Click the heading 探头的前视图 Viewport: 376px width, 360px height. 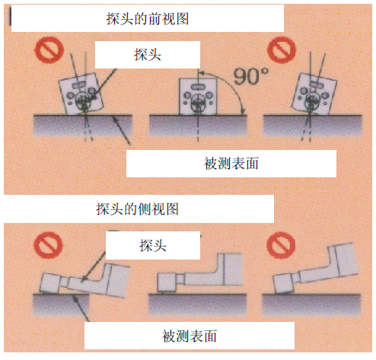(x=148, y=19)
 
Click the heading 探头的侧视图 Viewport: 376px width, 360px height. (x=137, y=209)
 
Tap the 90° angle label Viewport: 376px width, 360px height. (x=250, y=76)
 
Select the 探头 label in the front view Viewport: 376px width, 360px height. (x=148, y=55)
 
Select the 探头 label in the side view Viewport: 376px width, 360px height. (x=153, y=245)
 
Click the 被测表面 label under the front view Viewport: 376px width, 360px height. (x=231, y=163)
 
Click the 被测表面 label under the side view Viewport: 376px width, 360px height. (x=190, y=336)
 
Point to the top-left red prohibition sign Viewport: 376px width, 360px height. (x=49, y=49)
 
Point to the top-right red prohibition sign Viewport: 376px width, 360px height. (x=282, y=49)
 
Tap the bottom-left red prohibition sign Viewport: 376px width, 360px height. (x=48, y=245)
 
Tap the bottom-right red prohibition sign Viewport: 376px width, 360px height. (x=281, y=245)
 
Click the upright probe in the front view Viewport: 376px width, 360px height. (x=198, y=97)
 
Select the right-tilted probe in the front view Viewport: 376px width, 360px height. (x=314, y=94)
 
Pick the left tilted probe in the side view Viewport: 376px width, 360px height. (x=85, y=280)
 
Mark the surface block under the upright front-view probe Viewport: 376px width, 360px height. (x=198, y=126)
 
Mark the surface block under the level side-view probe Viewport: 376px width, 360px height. (x=197, y=305)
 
